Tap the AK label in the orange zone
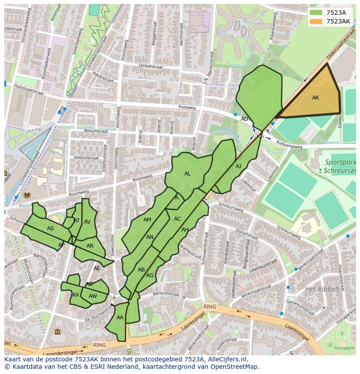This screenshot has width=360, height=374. [316, 98]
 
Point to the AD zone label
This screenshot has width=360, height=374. [245, 119]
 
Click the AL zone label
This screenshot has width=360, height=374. [187, 174]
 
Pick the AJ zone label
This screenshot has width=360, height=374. [238, 166]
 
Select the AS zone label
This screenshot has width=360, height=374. [50, 228]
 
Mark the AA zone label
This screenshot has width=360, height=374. [120, 318]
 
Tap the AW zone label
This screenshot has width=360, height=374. [93, 296]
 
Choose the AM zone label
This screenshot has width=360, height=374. [147, 220]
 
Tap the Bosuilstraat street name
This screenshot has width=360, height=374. [96, 131]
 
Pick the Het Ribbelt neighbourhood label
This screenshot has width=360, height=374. [322, 289]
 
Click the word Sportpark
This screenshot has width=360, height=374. [335, 162]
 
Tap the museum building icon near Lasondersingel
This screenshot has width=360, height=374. [57, 332]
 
